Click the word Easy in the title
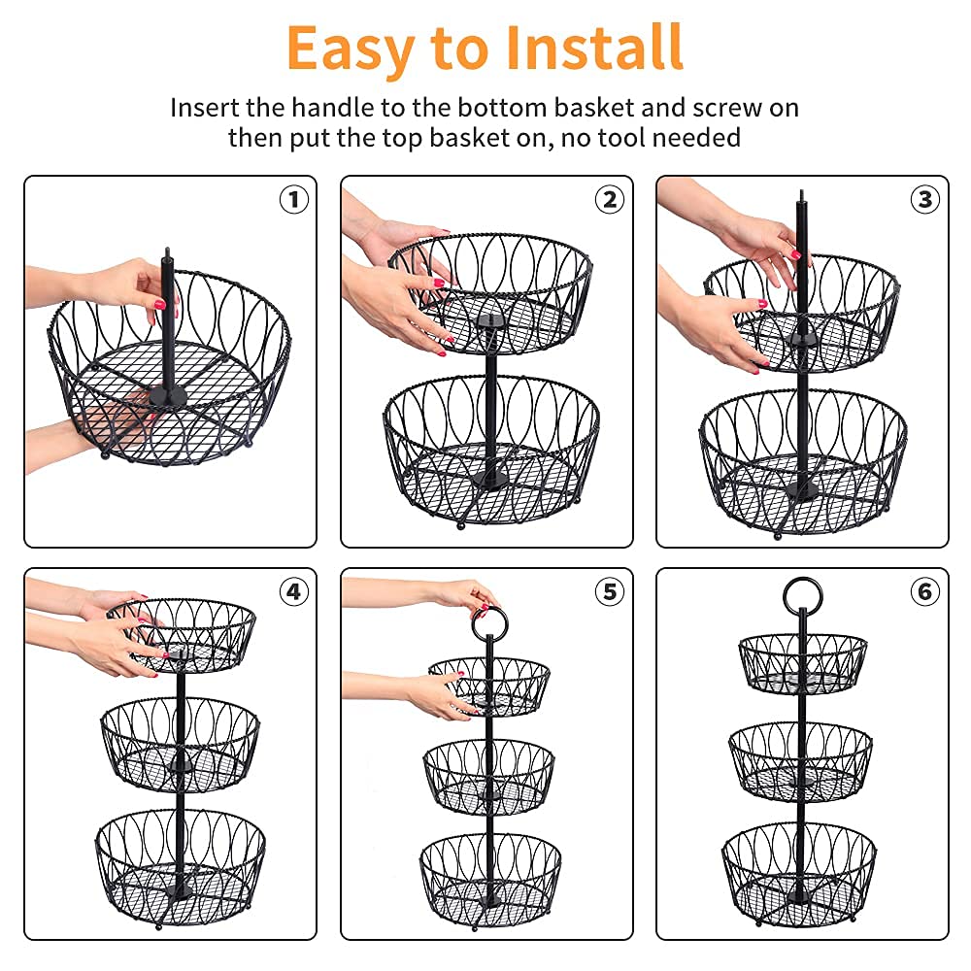pyautogui.click(x=351, y=50)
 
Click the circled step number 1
pyautogui.click(x=294, y=199)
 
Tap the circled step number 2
pyautogui.click(x=610, y=199)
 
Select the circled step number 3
pyautogui.click(x=925, y=199)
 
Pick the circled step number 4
pyautogui.click(x=294, y=592)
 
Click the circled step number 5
pyautogui.click(x=610, y=592)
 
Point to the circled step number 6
pyautogui.click(x=925, y=592)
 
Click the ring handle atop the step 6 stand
pyautogui.click(x=803, y=580)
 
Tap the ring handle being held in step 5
pyautogui.click(x=489, y=612)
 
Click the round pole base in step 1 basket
pyautogui.click(x=167, y=396)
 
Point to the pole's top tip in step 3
pyautogui.click(x=802, y=192)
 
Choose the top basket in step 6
pyautogui.click(x=803, y=664)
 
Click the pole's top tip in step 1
pyautogui.click(x=167, y=251)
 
